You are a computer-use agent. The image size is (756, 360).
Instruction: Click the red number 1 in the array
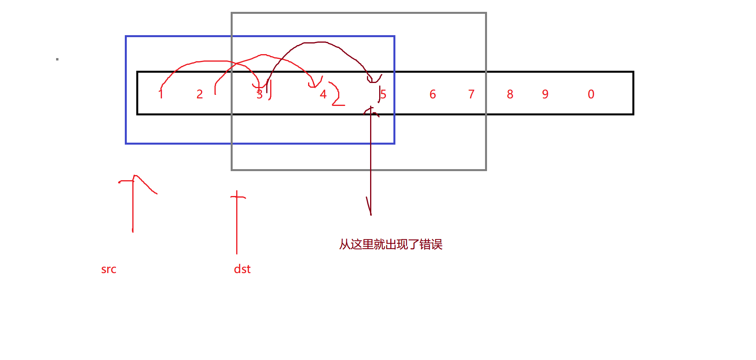tap(161, 94)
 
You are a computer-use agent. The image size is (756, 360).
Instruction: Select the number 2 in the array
tap(200, 94)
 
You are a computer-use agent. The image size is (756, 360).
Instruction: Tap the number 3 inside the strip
tap(260, 94)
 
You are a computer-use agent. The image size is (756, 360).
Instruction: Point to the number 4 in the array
tap(323, 94)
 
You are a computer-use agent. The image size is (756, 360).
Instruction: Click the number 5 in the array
tap(383, 94)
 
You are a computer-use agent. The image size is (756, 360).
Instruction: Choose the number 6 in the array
tap(433, 94)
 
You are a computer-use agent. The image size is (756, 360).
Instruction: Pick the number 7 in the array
tap(471, 94)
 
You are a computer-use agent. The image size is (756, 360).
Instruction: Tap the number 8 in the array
tap(510, 94)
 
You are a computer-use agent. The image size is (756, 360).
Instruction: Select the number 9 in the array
tap(545, 94)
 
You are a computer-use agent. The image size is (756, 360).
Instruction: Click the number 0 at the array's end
tap(591, 94)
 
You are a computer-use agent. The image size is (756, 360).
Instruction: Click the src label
tap(109, 270)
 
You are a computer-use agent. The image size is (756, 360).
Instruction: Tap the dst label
tap(242, 269)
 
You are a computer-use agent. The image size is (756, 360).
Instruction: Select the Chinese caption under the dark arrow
tap(391, 244)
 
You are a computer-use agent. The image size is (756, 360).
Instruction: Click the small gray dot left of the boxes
tap(57, 59)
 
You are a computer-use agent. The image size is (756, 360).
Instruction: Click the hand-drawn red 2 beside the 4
tap(337, 95)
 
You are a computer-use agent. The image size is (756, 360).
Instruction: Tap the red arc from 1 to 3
tap(205, 62)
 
